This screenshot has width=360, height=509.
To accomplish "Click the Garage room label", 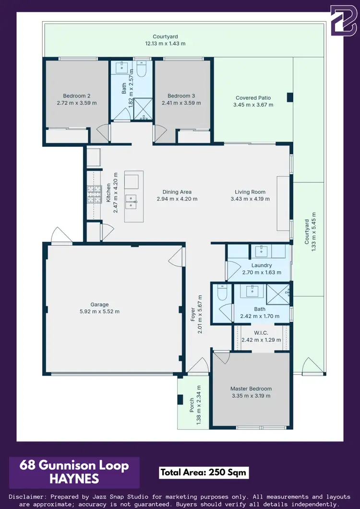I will pos(100,305).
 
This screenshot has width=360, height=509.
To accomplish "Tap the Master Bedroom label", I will pos(251,389).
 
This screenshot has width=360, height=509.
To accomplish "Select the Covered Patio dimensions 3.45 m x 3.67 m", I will pos(252,105).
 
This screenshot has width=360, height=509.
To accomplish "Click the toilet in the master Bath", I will pos(221,293).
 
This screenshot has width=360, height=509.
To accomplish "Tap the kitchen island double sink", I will pos(131,202).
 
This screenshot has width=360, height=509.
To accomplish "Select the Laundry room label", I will pos(262,265).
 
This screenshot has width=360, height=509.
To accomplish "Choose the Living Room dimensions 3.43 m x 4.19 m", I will pos(250,199).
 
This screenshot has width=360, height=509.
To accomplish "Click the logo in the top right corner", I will pos(343,20).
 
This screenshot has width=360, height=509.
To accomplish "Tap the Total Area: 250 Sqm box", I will pos(204,472).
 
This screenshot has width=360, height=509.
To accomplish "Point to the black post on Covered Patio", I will pos(289,97).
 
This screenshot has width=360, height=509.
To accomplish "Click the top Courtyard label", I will pos(165,36).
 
